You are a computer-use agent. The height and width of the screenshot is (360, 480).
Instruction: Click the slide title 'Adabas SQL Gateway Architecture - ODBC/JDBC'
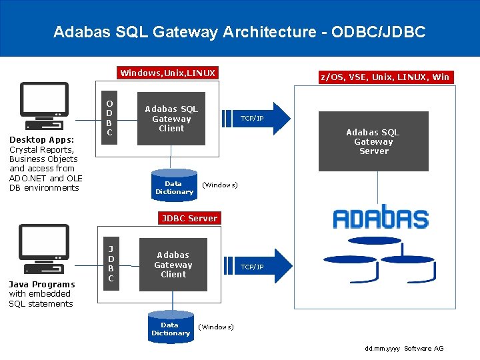(x=239, y=32)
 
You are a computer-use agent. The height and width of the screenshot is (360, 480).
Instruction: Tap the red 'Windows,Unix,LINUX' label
(x=167, y=73)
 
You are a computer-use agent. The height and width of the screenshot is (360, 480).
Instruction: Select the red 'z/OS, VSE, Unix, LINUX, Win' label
(x=385, y=77)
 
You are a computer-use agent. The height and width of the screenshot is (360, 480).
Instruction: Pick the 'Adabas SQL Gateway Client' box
(x=171, y=119)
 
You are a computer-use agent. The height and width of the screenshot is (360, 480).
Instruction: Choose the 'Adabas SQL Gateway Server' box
(x=373, y=142)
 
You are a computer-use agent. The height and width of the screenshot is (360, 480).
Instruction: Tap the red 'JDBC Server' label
(x=189, y=218)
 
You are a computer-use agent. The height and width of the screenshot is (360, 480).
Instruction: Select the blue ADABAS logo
(x=381, y=218)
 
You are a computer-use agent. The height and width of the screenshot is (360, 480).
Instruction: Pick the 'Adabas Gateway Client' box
(x=173, y=265)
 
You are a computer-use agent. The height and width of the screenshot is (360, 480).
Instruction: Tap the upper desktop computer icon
(x=44, y=105)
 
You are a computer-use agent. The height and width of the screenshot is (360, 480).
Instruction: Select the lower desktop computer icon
(x=44, y=249)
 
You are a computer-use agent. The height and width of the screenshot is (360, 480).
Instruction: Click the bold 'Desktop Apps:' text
(x=41, y=140)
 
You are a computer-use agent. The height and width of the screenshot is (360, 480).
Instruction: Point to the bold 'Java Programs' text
(x=41, y=285)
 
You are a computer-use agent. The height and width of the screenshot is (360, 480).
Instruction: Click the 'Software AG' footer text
(x=423, y=349)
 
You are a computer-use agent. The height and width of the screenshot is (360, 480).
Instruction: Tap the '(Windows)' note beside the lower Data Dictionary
(x=216, y=327)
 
